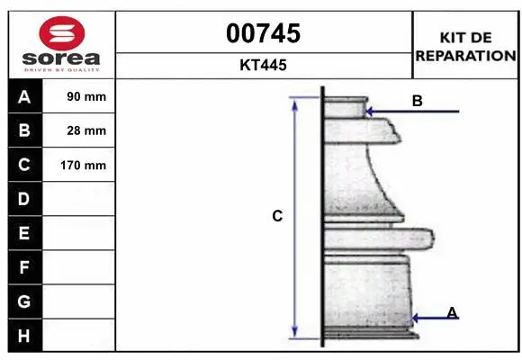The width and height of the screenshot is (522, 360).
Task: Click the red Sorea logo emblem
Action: pyautogui.click(x=62, y=33)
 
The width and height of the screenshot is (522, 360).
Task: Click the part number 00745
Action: pyautogui.click(x=264, y=33)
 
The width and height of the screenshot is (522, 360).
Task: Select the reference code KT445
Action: pyautogui.click(x=263, y=65)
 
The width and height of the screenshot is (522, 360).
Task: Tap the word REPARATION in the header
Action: pyautogui.click(x=465, y=56)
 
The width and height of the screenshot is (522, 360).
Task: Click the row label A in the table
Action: pyautogui.click(x=24, y=97)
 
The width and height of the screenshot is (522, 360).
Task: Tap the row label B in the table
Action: pyautogui.click(x=24, y=130)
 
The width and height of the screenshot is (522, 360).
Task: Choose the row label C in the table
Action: pyautogui.click(x=24, y=165)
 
